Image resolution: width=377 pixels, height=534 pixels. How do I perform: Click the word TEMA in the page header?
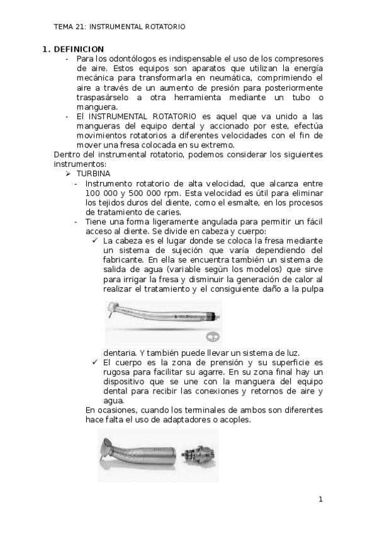64,27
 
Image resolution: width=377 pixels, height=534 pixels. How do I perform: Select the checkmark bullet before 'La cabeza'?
94,241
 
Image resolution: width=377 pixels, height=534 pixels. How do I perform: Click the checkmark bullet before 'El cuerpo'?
94,363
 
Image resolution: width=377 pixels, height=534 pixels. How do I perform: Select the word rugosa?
116,372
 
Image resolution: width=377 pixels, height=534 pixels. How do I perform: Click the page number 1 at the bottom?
320,500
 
